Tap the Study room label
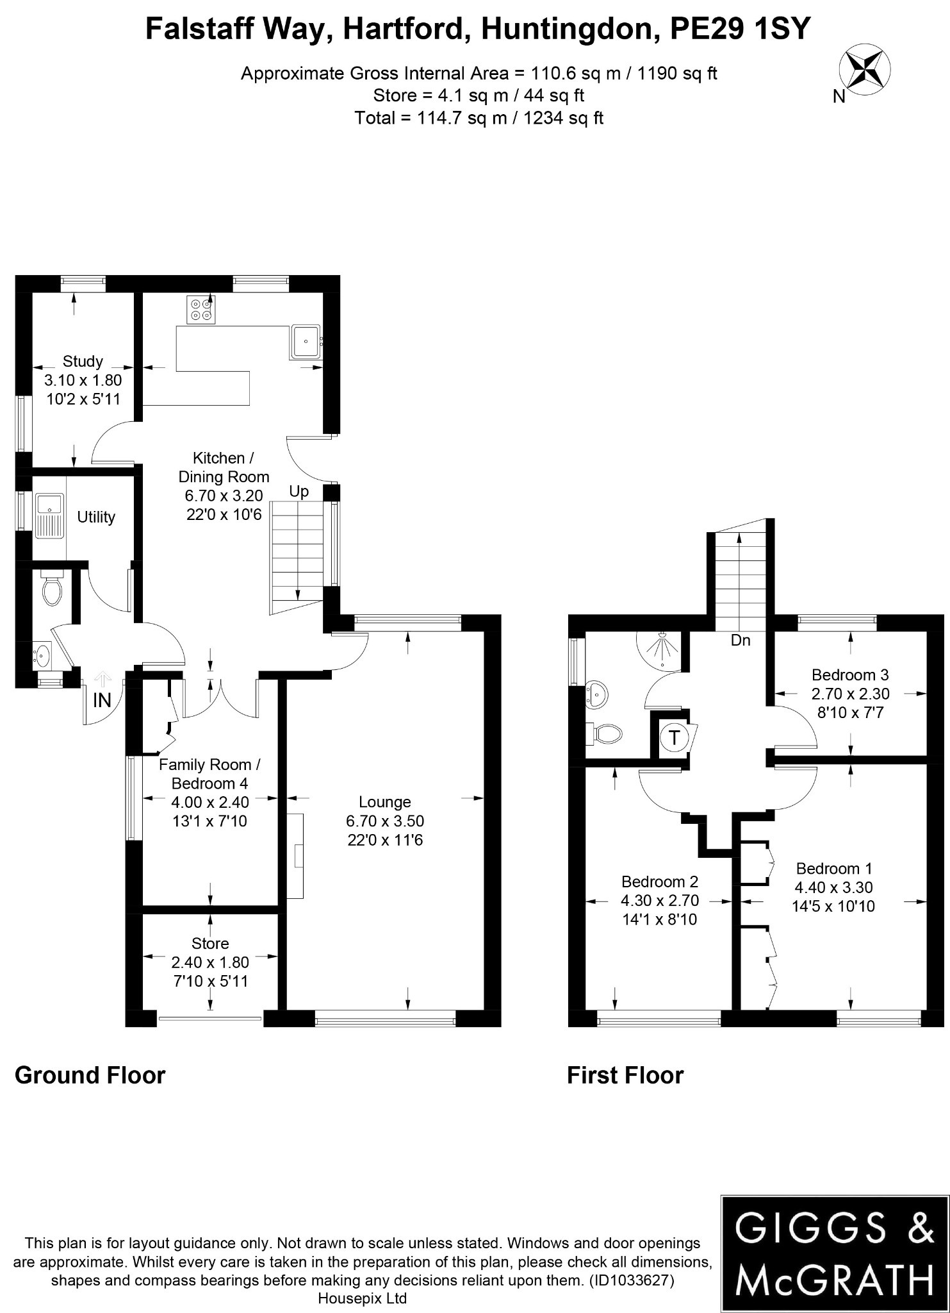coord(83,362)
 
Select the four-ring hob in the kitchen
coord(201,309)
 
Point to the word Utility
coord(96,517)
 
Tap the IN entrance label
coord(102,701)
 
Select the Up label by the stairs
coord(299,492)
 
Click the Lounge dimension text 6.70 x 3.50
coord(385,821)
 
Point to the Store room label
coord(210,943)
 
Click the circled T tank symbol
coord(673,737)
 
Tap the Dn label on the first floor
coord(741,640)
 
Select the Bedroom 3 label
coord(850,674)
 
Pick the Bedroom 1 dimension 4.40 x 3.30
coord(833,887)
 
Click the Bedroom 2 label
coord(659,882)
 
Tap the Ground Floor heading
coord(90,1075)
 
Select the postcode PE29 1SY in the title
coord(740,29)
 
